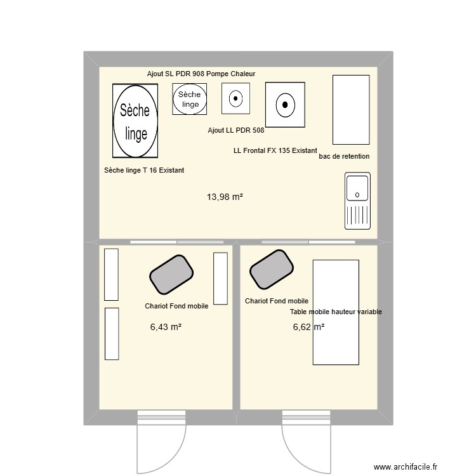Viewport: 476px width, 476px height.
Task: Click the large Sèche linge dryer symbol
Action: point(135,121)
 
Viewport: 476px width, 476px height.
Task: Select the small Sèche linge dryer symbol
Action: point(189,99)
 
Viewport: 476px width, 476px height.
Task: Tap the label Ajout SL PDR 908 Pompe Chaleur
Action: point(201,74)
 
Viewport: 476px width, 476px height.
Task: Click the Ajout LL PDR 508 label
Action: point(236,130)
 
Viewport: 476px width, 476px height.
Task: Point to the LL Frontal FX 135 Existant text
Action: point(275,150)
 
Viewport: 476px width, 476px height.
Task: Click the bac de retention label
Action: point(344,156)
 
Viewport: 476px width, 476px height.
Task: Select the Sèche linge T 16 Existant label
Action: point(144,170)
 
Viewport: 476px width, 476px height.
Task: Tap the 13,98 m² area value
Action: point(225,197)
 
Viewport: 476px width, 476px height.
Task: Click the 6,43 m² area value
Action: point(166,327)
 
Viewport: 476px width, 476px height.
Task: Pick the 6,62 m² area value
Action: point(308,327)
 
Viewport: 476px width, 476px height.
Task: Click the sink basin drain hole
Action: point(357,195)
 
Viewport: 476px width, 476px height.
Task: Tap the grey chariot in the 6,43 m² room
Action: point(171,275)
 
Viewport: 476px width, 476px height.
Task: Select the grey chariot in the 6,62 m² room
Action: point(272,270)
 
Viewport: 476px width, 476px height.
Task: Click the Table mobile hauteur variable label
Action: point(336,312)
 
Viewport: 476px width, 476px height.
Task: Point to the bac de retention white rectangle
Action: point(351,110)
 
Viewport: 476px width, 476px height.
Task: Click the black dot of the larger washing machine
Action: point(285,105)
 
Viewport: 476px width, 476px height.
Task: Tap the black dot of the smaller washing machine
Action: point(235,98)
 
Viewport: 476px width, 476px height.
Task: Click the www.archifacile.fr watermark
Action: point(406,466)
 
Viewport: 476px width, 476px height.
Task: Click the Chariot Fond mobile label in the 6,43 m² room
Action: point(176,306)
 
